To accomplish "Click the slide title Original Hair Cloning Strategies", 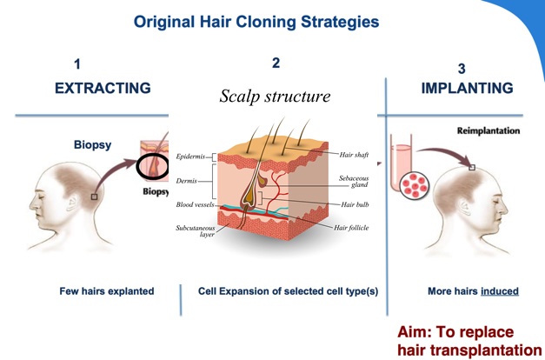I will pyautogui.click(x=256, y=22).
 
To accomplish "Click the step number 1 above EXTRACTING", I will pyautogui.click(x=77, y=63).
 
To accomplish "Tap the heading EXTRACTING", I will pyautogui.click(x=103, y=89).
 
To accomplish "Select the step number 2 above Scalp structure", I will pyautogui.click(x=276, y=63).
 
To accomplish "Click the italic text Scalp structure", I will pyautogui.click(x=276, y=96).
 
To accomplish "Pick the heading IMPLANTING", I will pyautogui.click(x=467, y=89).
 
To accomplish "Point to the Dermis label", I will pyautogui.click(x=187, y=182).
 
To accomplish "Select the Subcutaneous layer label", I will pyautogui.click(x=196, y=230).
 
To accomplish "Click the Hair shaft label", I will pyautogui.click(x=354, y=154).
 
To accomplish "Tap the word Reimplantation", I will pyautogui.click(x=489, y=130).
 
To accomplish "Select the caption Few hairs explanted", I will pyautogui.click(x=107, y=291).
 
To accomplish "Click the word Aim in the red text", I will pyautogui.click(x=414, y=331).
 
